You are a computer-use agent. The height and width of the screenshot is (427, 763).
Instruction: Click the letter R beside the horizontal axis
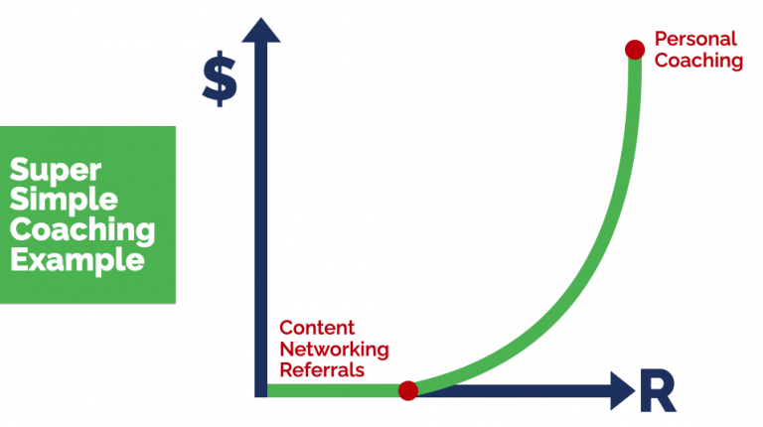[657, 391]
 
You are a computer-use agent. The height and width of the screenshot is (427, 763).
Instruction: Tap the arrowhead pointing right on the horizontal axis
[620, 389]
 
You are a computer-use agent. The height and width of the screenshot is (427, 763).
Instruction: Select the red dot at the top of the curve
[633, 49]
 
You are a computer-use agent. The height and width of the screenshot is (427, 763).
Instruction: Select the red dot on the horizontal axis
[407, 390]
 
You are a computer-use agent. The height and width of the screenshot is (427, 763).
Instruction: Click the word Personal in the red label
[695, 40]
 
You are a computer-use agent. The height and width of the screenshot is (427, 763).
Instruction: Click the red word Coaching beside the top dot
[699, 61]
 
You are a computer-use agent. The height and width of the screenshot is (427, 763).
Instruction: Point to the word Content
[317, 328]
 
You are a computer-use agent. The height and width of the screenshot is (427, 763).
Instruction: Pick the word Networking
[334, 349]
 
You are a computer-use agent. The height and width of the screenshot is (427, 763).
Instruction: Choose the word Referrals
[322, 370]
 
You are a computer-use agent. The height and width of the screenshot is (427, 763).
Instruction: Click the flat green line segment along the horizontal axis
[333, 390]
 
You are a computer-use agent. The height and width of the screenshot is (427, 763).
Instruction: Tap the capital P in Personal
[661, 40]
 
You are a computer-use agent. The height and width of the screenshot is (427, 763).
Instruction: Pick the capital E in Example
[19, 261]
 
